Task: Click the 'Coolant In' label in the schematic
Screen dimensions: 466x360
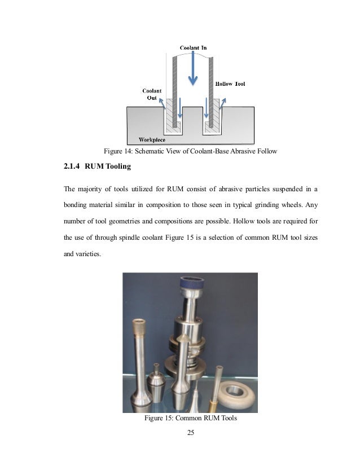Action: pos(194,48)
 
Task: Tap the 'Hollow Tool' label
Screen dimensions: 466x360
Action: pos(230,84)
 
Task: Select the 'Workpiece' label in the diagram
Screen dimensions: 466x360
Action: pos(152,139)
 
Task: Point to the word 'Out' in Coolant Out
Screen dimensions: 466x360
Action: pos(151,98)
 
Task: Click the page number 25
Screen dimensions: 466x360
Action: pos(190,433)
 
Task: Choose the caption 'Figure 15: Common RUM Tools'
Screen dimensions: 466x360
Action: pos(190,419)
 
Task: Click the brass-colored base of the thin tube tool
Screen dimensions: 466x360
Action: pos(213,404)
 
